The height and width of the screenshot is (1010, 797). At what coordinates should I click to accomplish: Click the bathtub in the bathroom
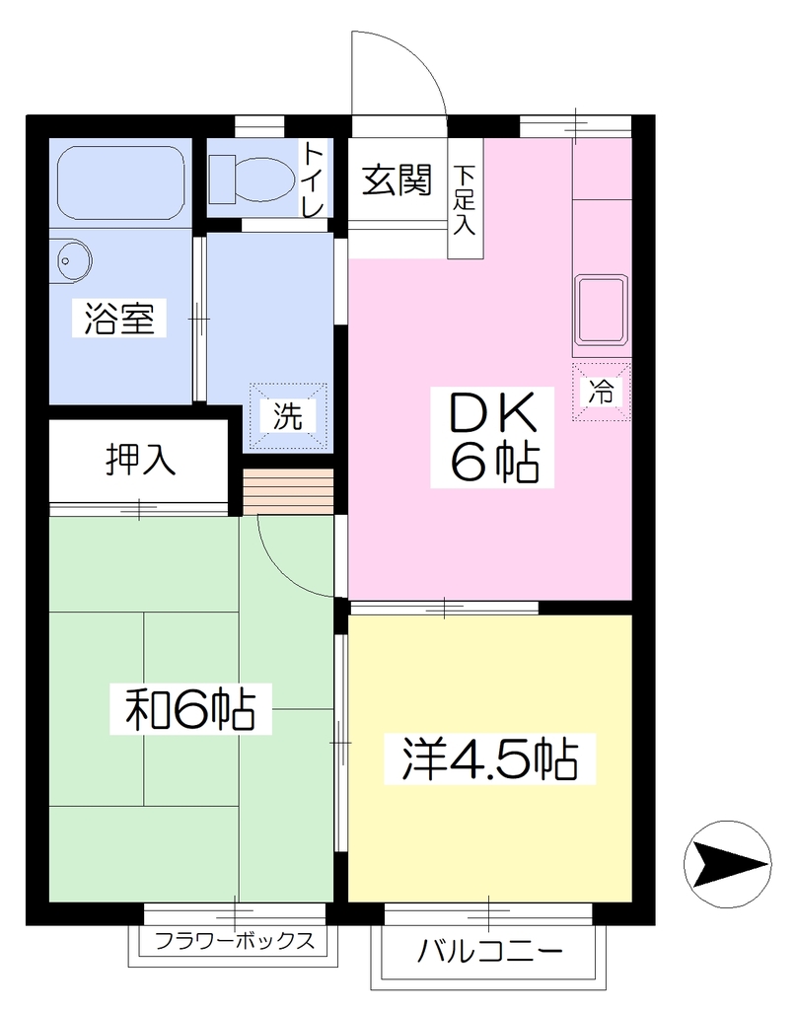pyautogui.click(x=121, y=182)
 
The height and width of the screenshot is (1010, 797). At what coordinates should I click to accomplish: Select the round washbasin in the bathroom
pyautogui.click(x=72, y=260)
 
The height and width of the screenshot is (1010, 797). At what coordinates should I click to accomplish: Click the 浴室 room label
pyautogui.click(x=119, y=319)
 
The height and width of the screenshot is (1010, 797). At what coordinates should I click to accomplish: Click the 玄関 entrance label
pyautogui.click(x=397, y=180)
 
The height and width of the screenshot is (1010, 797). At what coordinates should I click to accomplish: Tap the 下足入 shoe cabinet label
pyautogui.click(x=465, y=200)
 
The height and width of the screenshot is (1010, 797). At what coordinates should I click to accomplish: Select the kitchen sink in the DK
pyautogui.click(x=602, y=311)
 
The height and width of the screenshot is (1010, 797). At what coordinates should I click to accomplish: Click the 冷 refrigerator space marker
pyautogui.click(x=601, y=392)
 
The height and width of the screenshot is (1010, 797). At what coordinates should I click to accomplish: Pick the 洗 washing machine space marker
pyautogui.click(x=288, y=415)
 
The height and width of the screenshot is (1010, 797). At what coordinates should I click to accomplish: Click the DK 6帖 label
pyautogui.click(x=493, y=437)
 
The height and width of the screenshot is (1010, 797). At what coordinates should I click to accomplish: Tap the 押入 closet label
pyautogui.click(x=140, y=460)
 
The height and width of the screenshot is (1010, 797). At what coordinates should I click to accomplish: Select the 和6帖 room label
pyautogui.click(x=190, y=709)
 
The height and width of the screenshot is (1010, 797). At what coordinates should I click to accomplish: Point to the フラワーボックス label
pyautogui.click(x=235, y=941)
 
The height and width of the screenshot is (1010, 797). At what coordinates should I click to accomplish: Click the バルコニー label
pyautogui.click(x=490, y=952)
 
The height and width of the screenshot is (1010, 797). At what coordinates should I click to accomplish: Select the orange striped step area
pyautogui.click(x=288, y=492)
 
